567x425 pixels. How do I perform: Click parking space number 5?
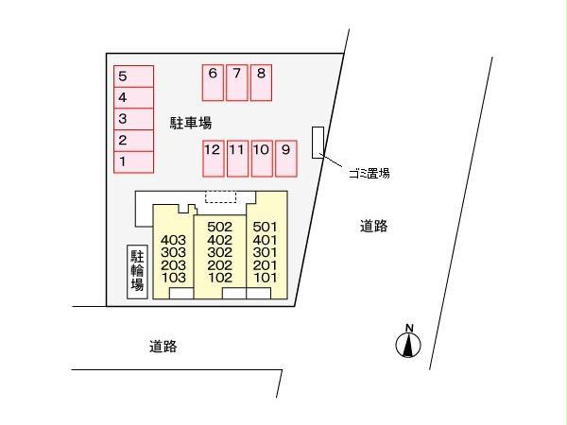[134, 76]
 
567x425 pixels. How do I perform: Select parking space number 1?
[134, 161]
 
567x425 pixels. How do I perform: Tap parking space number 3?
[134, 119]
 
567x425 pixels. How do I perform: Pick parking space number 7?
[237, 83]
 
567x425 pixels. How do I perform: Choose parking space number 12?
[213, 159]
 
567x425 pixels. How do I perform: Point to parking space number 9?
[286, 159]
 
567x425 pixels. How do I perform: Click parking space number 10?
[262, 159]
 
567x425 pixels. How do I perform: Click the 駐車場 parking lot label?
[191, 123]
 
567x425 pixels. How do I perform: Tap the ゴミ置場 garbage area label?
[369, 174]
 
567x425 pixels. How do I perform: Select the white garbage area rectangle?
[318, 143]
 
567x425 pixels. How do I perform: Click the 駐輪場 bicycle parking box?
[137, 272]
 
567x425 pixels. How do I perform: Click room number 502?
[220, 227]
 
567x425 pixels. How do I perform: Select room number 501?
[265, 227]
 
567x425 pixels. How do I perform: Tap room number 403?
[174, 240]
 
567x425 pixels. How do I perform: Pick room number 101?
[265, 278]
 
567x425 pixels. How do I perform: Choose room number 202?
[220, 265]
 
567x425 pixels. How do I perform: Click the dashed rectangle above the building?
[220, 196]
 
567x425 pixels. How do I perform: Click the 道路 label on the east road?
[374, 226]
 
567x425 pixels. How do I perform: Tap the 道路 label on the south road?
[163, 347]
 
